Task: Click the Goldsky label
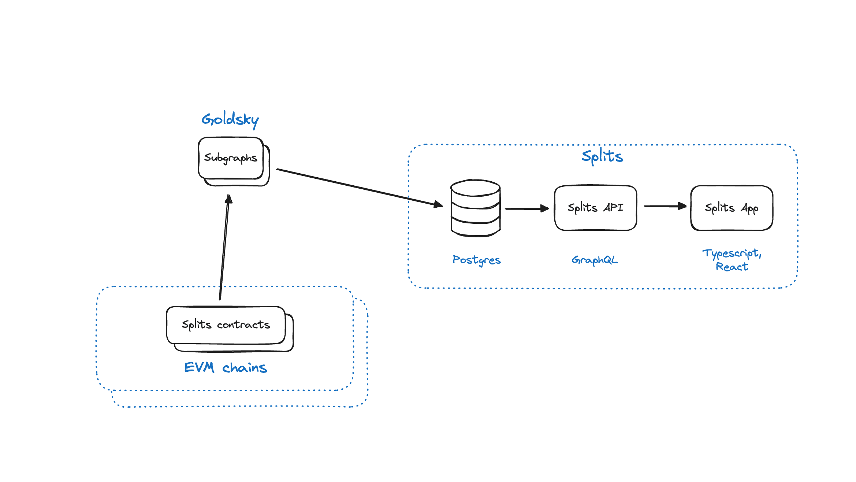[x=230, y=119]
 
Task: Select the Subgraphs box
[x=231, y=158]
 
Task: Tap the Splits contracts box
[x=226, y=325]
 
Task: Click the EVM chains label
[x=226, y=367]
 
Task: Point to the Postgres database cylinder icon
[x=476, y=208]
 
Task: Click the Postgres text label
[x=476, y=260]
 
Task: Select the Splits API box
[x=595, y=208]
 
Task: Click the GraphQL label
[x=595, y=260]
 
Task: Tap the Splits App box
[x=732, y=208]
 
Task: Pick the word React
[x=732, y=267]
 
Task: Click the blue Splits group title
[x=602, y=156]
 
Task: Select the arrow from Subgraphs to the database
[x=359, y=188]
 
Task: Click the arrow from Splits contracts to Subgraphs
[x=224, y=249]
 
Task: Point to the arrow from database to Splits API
[x=526, y=209]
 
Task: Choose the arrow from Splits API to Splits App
[x=665, y=206]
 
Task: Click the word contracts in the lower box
[x=243, y=325]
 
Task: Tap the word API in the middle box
[x=613, y=208]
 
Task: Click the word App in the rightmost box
[x=749, y=208]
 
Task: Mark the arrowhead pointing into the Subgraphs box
[x=228, y=199]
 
